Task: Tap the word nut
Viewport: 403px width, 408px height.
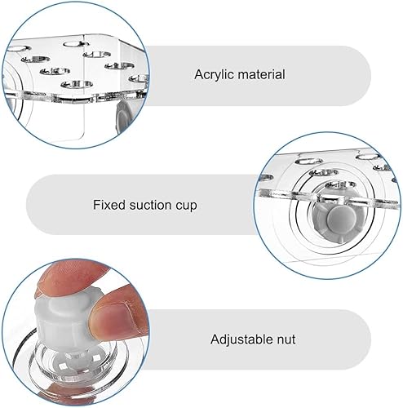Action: coord(285,339)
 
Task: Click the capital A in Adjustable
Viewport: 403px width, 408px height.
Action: coord(215,339)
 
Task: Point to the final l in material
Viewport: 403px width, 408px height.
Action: coord(283,74)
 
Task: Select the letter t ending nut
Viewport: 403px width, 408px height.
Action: coord(293,339)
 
